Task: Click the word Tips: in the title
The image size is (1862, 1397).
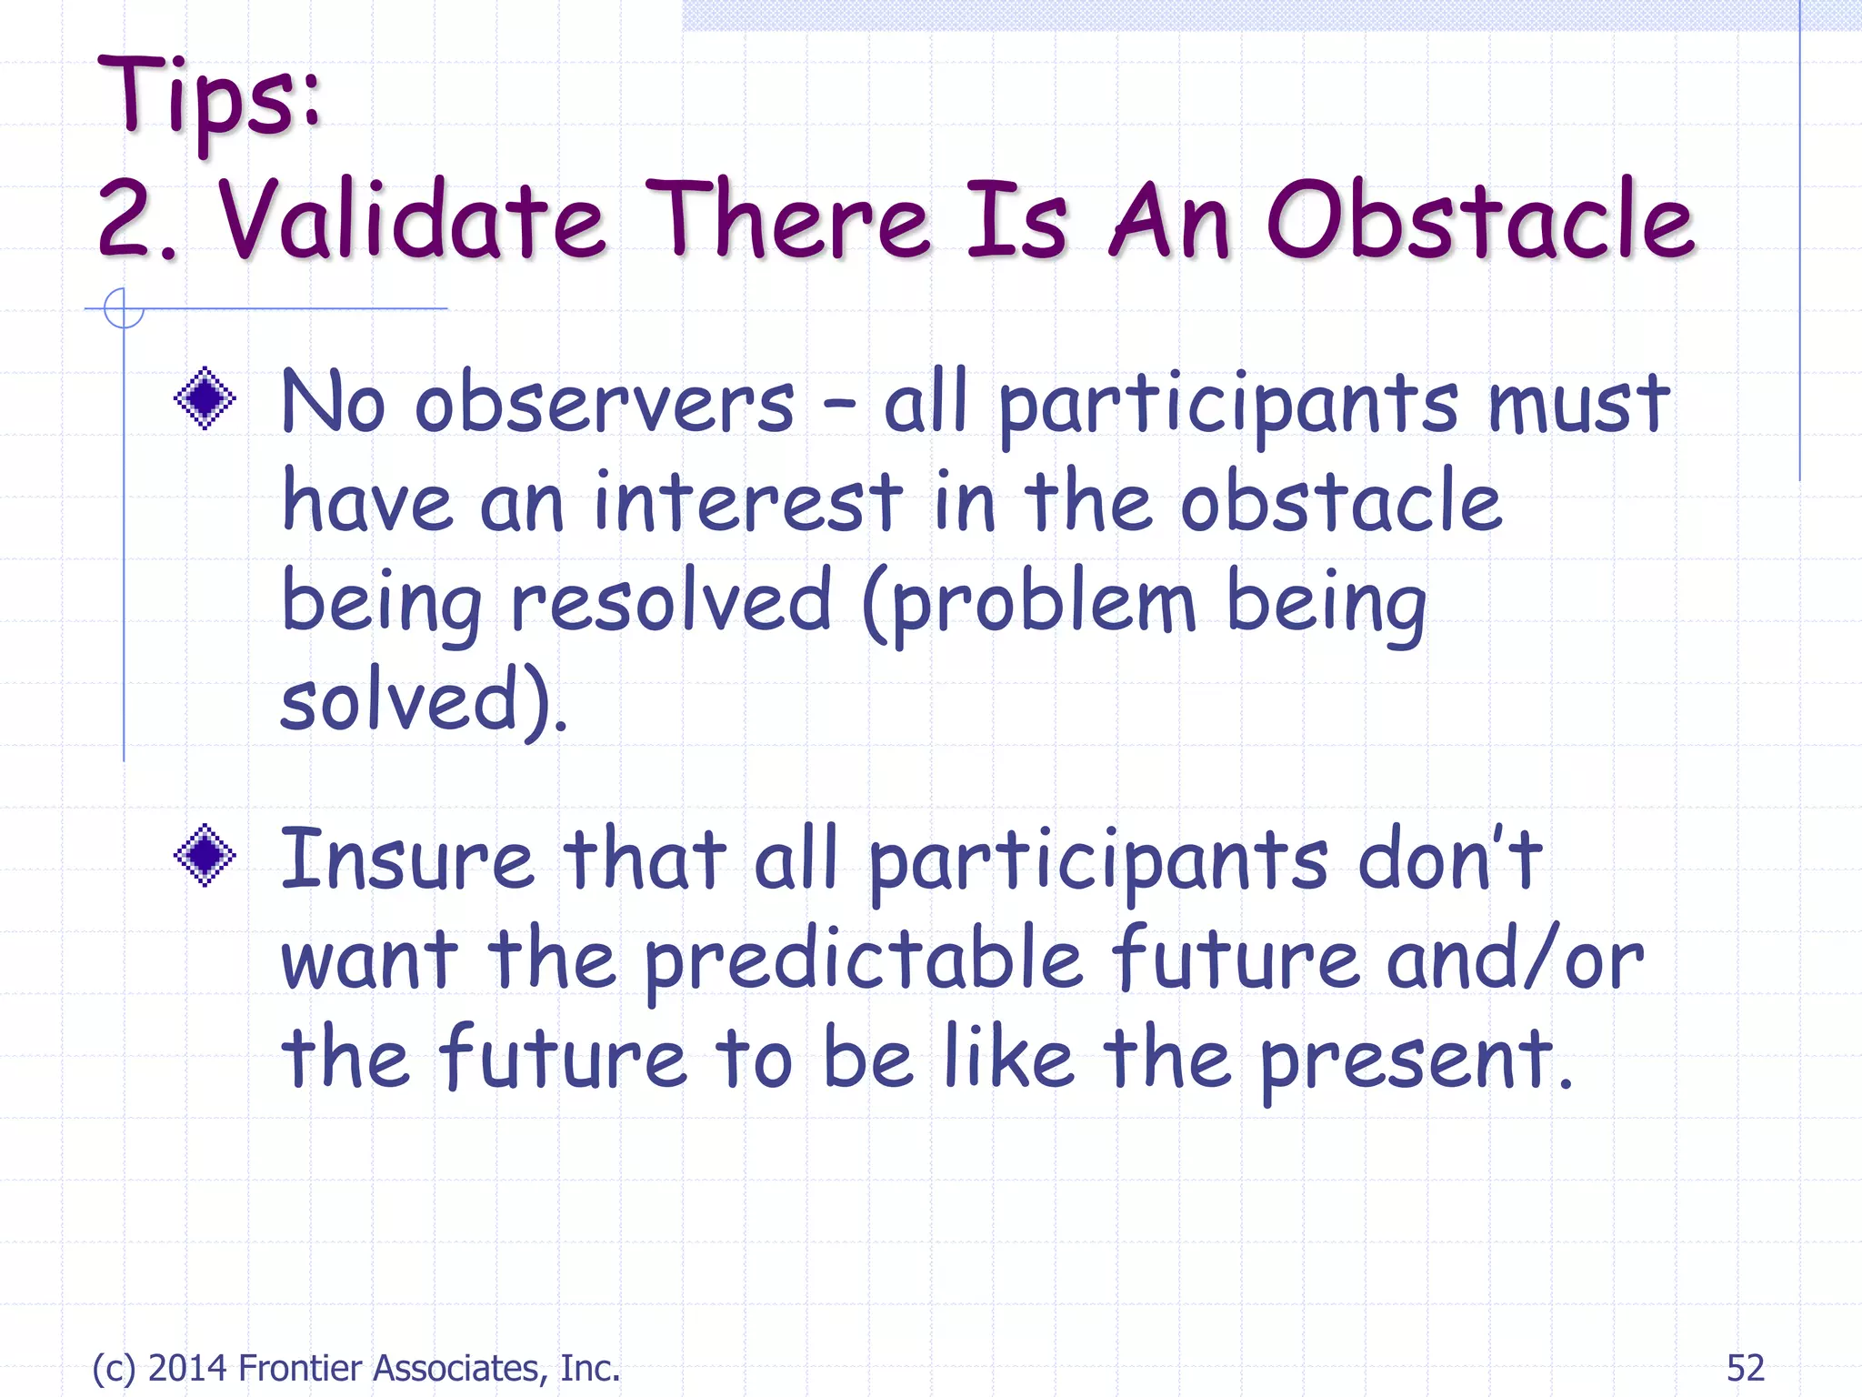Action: click(x=211, y=98)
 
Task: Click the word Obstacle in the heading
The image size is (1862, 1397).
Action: click(x=1480, y=221)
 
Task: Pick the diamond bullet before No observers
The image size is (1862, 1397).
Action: click(x=205, y=398)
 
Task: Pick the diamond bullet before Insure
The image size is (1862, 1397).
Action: click(x=205, y=855)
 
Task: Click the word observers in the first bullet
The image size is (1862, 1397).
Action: click(x=605, y=403)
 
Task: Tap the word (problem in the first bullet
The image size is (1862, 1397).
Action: click(x=1029, y=602)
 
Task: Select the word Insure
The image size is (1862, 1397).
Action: click(x=406, y=859)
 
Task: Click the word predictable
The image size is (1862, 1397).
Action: click(x=864, y=960)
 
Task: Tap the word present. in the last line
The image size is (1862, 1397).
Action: click(x=1416, y=1060)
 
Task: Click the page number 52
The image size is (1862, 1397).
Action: click(x=1745, y=1368)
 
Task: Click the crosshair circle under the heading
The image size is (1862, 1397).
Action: click(x=124, y=308)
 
